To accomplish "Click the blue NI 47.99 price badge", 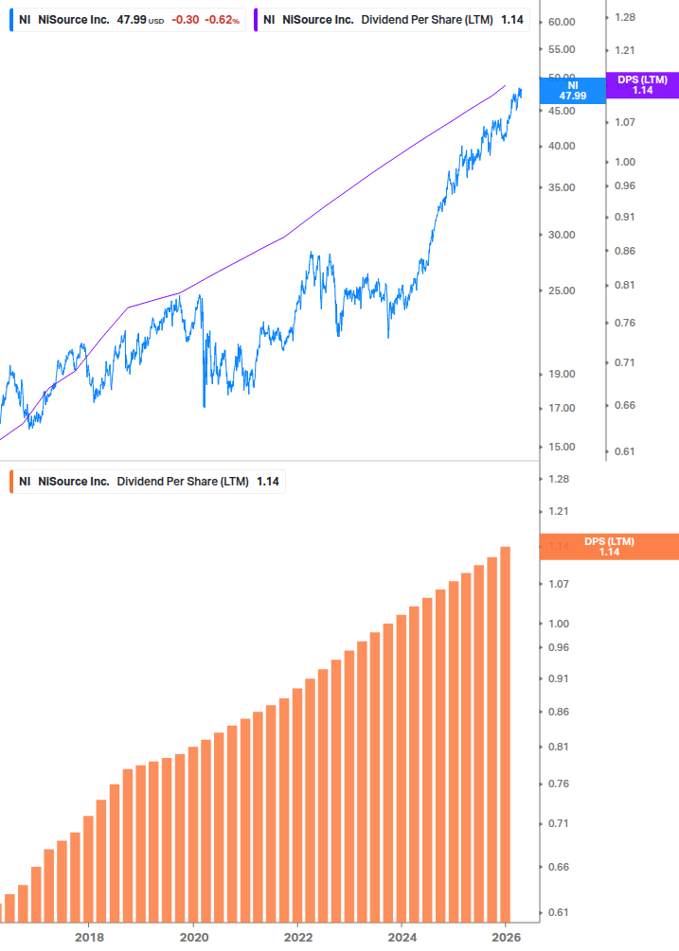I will (571, 90).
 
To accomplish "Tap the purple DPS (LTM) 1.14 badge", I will (642, 85).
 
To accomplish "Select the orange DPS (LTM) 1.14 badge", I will (609, 547).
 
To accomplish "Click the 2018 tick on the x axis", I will (89, 938).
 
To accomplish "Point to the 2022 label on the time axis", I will (297, 938).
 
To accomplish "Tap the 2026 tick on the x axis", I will (507, 938).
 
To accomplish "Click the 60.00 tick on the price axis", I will (562, 22).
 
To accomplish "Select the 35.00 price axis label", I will (562, 187).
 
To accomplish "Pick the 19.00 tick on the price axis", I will (562, 374).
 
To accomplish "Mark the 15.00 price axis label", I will (562, 447).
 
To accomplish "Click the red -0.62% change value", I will (222, 20).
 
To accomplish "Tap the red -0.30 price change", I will (186, 20).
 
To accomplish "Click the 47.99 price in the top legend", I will (131, 20).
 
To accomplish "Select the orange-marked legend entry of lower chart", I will (148, 482).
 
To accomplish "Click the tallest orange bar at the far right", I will (506, 734).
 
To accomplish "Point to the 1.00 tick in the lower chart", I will (558, 624).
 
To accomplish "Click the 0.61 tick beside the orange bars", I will (558, 913).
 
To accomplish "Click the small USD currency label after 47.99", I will (156, 21).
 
